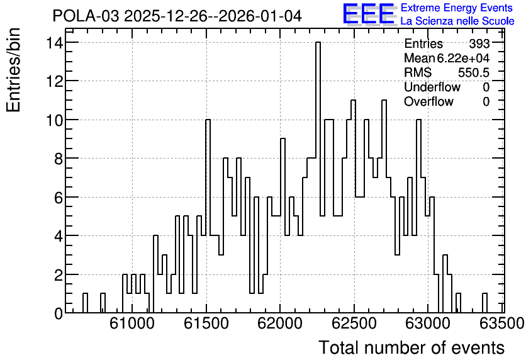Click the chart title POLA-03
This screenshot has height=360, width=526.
point(86,16)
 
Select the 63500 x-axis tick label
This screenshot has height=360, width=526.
point(502,323)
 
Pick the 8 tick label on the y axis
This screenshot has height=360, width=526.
point(59,159)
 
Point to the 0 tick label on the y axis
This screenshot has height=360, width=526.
point(59,313)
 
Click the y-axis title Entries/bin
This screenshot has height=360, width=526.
point(14,70)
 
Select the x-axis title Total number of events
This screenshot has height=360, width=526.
point(411,347)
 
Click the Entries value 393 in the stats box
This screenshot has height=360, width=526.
point(479,43)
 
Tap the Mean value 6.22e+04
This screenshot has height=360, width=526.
point(463,58)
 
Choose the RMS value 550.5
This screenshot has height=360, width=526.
point(474,72)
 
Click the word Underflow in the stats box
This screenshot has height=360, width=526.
point(432,87)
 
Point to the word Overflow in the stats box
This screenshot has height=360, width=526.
point(428,101)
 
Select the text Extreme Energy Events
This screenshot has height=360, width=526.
point(457,8)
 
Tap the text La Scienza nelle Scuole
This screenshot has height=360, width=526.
point(457,21)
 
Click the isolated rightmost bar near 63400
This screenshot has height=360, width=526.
point(484,303)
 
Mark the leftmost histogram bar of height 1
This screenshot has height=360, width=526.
point(85,303)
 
